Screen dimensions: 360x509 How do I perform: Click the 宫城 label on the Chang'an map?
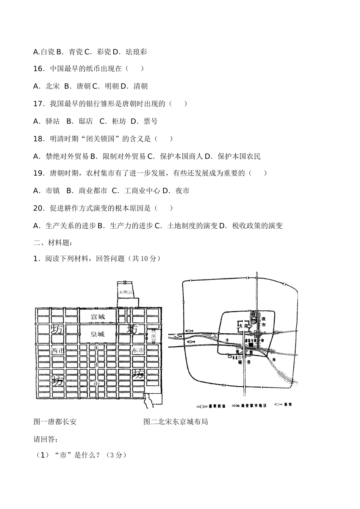pyautogui.click(x=98, y=317)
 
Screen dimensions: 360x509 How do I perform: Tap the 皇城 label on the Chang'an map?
pyautogui.click(x=97, y=334)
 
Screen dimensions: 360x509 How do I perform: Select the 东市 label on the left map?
pyautogui.click(x=138, y=351)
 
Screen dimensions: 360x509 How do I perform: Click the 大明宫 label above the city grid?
pyautogui.click(x=125, y=292)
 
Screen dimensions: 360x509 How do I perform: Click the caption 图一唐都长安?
pyautogui.click(x=55, y=422)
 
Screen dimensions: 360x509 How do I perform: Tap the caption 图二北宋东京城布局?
pyautogui.click(x=176, y=422)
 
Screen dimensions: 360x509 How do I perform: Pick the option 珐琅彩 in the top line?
pyautogui.click(x=136, y=52)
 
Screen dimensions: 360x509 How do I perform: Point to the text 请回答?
pyautogui.click(x=46, y=439)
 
